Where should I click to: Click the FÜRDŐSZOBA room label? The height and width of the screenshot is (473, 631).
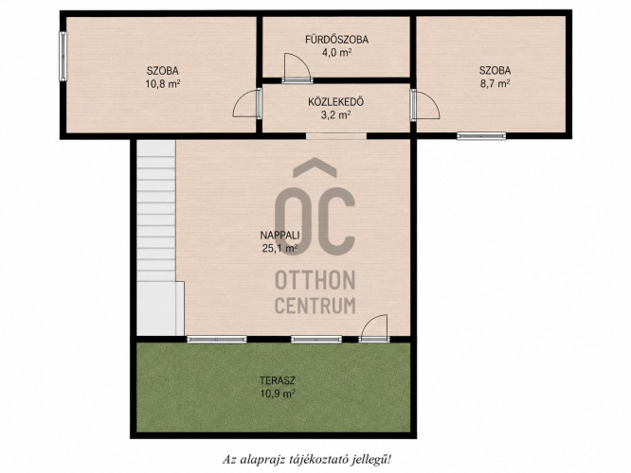336,40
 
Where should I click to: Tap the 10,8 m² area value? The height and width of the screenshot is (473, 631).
163,84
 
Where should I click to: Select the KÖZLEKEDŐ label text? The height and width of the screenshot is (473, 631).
336,102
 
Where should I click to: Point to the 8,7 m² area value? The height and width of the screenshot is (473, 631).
495,83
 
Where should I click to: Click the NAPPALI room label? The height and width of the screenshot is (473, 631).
280,236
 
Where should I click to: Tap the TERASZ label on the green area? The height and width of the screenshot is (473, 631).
278,380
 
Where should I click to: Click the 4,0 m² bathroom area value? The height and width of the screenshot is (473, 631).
336,53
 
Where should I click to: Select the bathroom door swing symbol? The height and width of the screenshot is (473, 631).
297,68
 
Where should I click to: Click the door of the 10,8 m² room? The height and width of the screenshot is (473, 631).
247,103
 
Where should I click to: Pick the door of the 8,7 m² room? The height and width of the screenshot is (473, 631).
424,105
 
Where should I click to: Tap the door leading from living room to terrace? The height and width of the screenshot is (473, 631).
374,328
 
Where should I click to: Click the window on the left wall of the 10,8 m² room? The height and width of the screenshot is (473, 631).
63,56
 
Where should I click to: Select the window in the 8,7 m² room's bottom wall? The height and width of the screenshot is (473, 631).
481,136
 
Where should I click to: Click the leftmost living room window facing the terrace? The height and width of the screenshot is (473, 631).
217,340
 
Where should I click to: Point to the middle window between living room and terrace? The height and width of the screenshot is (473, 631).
316,340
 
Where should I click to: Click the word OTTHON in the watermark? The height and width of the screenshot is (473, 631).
315,280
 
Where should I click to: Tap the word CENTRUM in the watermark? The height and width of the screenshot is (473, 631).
315,305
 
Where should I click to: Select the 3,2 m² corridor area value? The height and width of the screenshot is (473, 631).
336,115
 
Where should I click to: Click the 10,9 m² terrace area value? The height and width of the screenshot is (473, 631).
278,394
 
